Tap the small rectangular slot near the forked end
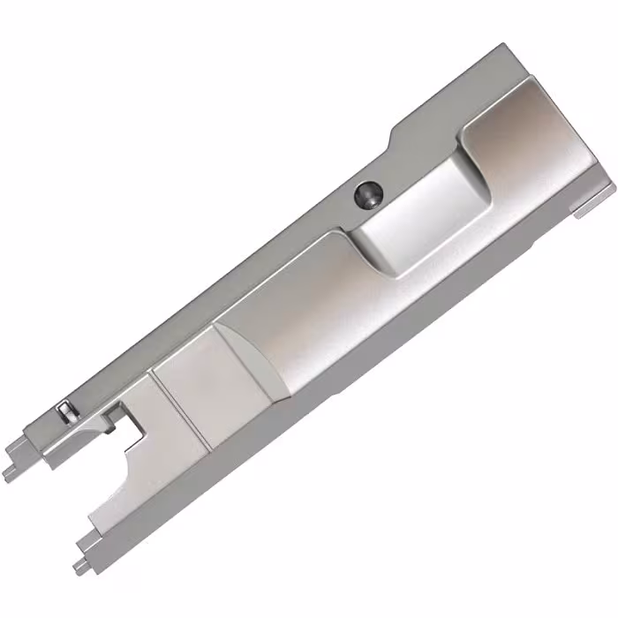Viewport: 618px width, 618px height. [x=64, y=411]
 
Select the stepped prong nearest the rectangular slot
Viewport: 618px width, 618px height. [x=13, y=465]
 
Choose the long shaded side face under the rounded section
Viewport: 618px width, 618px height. [x=353, y=353]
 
